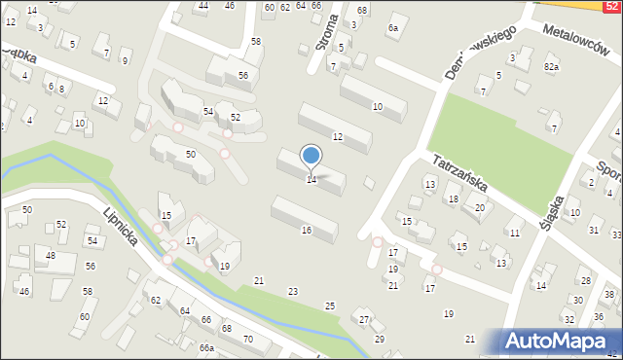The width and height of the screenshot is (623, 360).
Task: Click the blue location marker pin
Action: pyautogui.click(x=311, y=155)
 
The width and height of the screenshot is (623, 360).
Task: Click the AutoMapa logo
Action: pyautogui.click(x=561, y=342)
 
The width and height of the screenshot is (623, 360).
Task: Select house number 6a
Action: pyautogui.click(x=393, y=28)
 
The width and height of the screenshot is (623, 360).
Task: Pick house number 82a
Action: pyautogui.click(x=552, y=66)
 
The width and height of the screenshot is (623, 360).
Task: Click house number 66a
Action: pyautogui.click(x=206, y=347)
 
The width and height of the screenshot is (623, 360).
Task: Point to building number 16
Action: pyautogui.click(x=307, y=231)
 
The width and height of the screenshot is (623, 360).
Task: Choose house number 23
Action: pyautogui.click(x=293, y=291)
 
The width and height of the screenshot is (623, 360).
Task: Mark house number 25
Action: pyautogui.click(x=330, y=306)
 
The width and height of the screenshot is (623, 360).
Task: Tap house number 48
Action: pyautogui.click(x=51, y=257)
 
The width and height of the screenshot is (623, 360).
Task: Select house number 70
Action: pyautogui.click(x=248, y=339)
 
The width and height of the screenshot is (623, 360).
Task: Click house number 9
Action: pyautogui.click(x=125, y=61)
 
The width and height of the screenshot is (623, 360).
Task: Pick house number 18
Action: pyautogui.click(x=453, y=199)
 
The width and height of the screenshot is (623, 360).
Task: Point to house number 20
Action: pyautogui.click(x=479, y=207)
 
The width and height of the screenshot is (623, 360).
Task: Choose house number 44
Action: pyautogui.click(x=203, y=6)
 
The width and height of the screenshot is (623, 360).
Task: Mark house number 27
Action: pyautogui.click(x=364, y=320)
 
